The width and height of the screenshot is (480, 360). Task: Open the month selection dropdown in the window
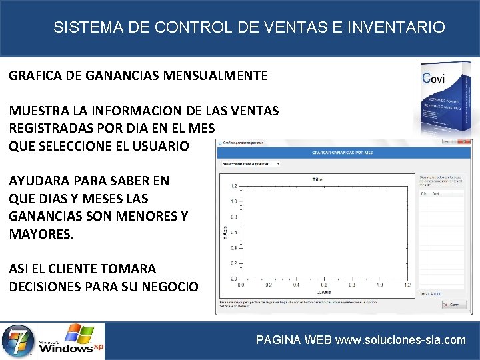[x=251, y=163]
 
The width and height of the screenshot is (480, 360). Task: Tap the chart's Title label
[x=317, y=179]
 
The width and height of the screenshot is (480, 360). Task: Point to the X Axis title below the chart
[x=324, y=293]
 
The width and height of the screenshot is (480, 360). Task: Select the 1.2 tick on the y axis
[x=233, y=186]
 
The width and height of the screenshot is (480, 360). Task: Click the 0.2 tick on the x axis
[x=269, y=285]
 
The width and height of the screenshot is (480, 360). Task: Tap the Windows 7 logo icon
[x=18, y=340]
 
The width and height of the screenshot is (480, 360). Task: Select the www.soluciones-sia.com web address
[x=400, y=340]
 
